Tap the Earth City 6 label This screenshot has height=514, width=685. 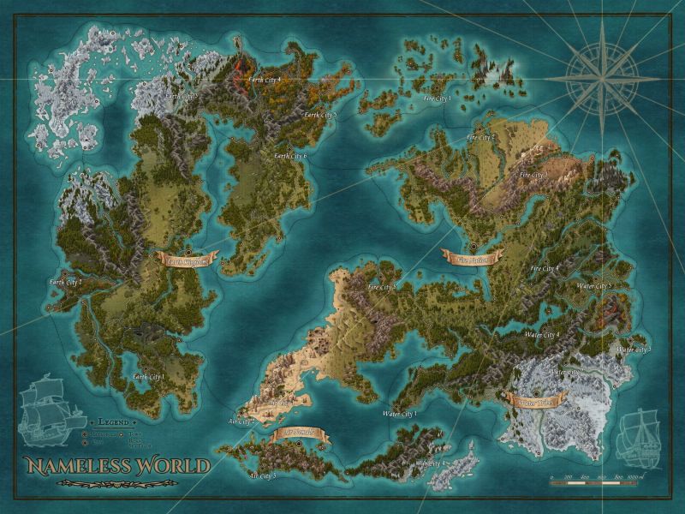click(290, 156)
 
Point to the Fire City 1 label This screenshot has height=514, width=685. click(438, 99)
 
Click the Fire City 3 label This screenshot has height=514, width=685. click(533, 174)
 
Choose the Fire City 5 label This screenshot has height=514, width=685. click(381, 286)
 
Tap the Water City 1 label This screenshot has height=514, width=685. click(399, 414)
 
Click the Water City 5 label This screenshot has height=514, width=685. click(593, 285)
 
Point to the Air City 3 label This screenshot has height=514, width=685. click(262, 474)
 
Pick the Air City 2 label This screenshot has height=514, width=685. click(242, 421)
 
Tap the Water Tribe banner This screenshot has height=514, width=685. click(535, 399)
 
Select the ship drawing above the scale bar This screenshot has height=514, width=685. click(641, 437)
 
